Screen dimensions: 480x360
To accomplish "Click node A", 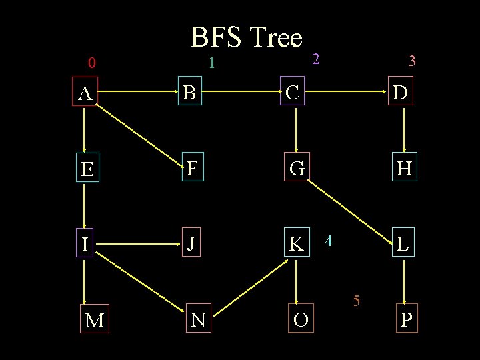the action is [85, 94].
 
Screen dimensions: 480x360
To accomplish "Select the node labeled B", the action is [189, 93].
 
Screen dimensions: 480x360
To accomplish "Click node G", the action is [297, 169].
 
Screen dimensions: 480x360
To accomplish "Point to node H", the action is [403, 169].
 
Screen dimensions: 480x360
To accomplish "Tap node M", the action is [95, 321].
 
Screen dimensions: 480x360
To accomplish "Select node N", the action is [197, 321].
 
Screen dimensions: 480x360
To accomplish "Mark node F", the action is [191, 169].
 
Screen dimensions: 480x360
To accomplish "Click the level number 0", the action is [92, 64].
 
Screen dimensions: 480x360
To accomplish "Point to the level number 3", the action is [412, 62].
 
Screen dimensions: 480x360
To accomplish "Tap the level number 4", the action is [329, 239].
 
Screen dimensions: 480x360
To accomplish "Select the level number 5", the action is [357, 301].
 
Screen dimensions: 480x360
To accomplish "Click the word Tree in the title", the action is [273, 38].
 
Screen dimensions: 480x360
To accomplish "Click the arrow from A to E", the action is [84, 131].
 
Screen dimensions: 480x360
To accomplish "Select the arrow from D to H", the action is [404, 131].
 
